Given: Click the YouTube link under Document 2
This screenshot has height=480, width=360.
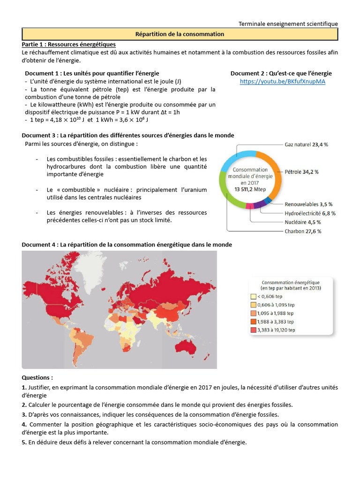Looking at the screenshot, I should tap(282, 81).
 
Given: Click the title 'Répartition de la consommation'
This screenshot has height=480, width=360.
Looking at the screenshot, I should tap(180, 34).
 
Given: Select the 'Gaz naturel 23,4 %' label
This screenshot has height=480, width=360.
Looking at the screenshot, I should tap(307, 145).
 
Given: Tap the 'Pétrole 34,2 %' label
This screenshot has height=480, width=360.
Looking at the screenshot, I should tap(301, 172).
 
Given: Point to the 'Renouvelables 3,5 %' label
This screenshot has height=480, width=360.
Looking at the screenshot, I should tap(308, 204).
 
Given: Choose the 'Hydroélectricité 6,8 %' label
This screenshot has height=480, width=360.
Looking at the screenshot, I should tap(310, 213).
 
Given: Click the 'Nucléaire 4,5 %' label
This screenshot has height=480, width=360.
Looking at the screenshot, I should tap(303, 222).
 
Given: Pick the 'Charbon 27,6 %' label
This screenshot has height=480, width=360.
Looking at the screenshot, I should tap(303, 231).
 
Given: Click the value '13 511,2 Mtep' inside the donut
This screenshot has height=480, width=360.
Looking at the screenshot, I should tap(250, 189).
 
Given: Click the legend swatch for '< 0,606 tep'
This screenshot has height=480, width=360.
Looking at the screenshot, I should tap(253, 296).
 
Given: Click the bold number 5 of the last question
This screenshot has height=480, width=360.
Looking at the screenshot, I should tap(24, 442).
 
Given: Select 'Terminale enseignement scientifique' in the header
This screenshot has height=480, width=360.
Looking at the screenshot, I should tap(288, 24).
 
